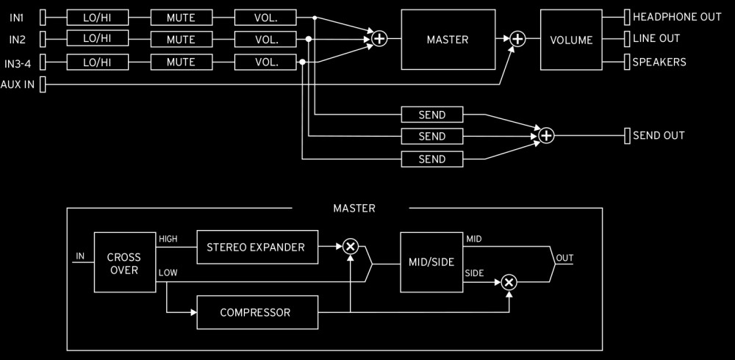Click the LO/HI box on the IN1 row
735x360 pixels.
[97, 16]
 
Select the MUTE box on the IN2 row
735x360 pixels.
[181, 39]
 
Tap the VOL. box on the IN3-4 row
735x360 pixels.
[265, 62]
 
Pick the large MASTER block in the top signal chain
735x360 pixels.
[447, 40]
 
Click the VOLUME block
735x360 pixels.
[571, 40]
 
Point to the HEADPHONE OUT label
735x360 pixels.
[676, 16]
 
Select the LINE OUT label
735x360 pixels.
[656, 39]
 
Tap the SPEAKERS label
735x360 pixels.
[659, 62]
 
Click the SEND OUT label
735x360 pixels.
[658, 135]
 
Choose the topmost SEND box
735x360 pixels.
[432, 114]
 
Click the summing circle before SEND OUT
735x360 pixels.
[546, 135]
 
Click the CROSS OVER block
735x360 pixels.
[123, 264]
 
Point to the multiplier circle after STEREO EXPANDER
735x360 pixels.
[351, 247]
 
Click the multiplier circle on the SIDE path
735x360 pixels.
[509, 281]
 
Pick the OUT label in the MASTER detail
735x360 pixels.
[564, 259]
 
